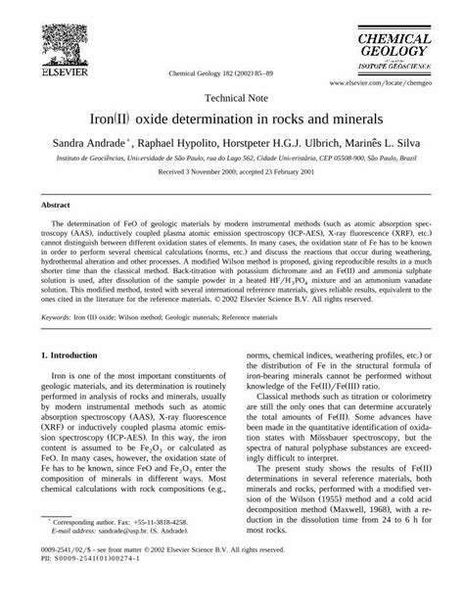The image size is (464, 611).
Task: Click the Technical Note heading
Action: point(232,99)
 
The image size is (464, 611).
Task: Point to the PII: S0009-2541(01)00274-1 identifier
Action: point(84,590)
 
